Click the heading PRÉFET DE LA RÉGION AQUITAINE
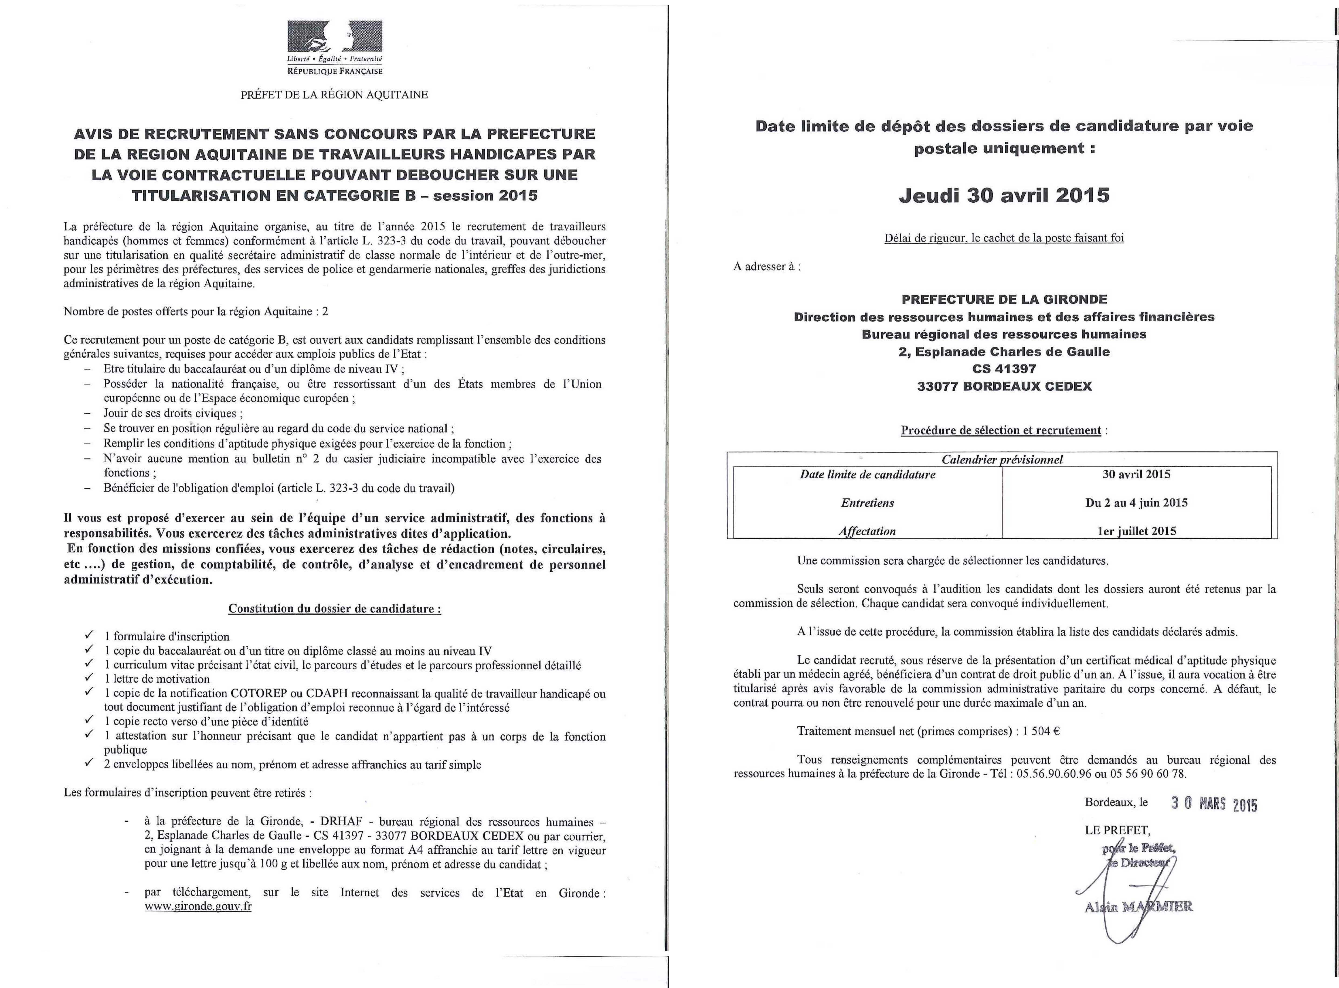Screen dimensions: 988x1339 tap(334, 94)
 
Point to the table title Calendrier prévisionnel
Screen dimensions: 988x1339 tap(1002, 459)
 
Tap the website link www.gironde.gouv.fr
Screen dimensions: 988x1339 tap(198, 906)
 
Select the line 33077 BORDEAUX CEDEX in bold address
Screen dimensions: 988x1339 tap(1004, 386)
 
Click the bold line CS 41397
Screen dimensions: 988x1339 tap(1004, 369)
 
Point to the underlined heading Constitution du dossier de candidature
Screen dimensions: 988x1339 tap(334, 609)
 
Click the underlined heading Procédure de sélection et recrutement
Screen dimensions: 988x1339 tap(1001, 431)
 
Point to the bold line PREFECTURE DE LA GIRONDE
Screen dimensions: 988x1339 tap(1004, 299)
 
